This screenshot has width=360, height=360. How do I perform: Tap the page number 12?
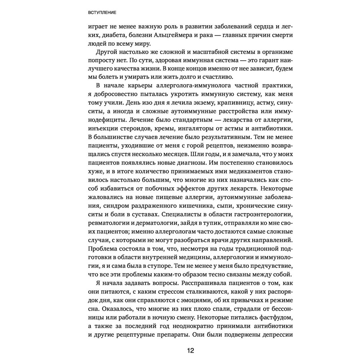(190, 350)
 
